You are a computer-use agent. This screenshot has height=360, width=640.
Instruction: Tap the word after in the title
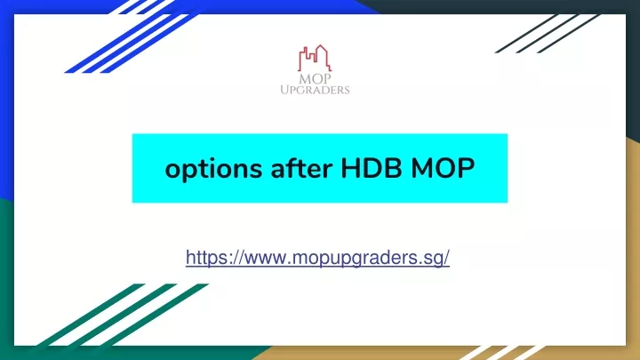(x=301, y=168)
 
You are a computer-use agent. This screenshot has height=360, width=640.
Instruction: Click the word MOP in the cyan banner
(x=443, y=168)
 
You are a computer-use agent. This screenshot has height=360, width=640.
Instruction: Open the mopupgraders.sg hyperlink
(x=317, y=258)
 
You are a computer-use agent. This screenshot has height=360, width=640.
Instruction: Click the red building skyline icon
(x=315, y=58)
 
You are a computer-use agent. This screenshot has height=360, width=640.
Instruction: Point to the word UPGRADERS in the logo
(x=315, y=90)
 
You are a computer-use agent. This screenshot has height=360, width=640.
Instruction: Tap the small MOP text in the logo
(x=315, y=79)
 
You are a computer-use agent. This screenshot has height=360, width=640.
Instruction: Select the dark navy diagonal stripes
(x=548, y=34)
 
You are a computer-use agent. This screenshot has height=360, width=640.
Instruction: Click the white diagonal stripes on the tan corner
(x=502, y=353)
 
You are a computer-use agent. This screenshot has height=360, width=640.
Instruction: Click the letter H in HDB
(x=350, y=168)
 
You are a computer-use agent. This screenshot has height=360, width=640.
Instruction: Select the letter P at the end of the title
(x=466, y=168)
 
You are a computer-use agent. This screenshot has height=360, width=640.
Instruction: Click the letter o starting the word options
(x=173, y=171)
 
